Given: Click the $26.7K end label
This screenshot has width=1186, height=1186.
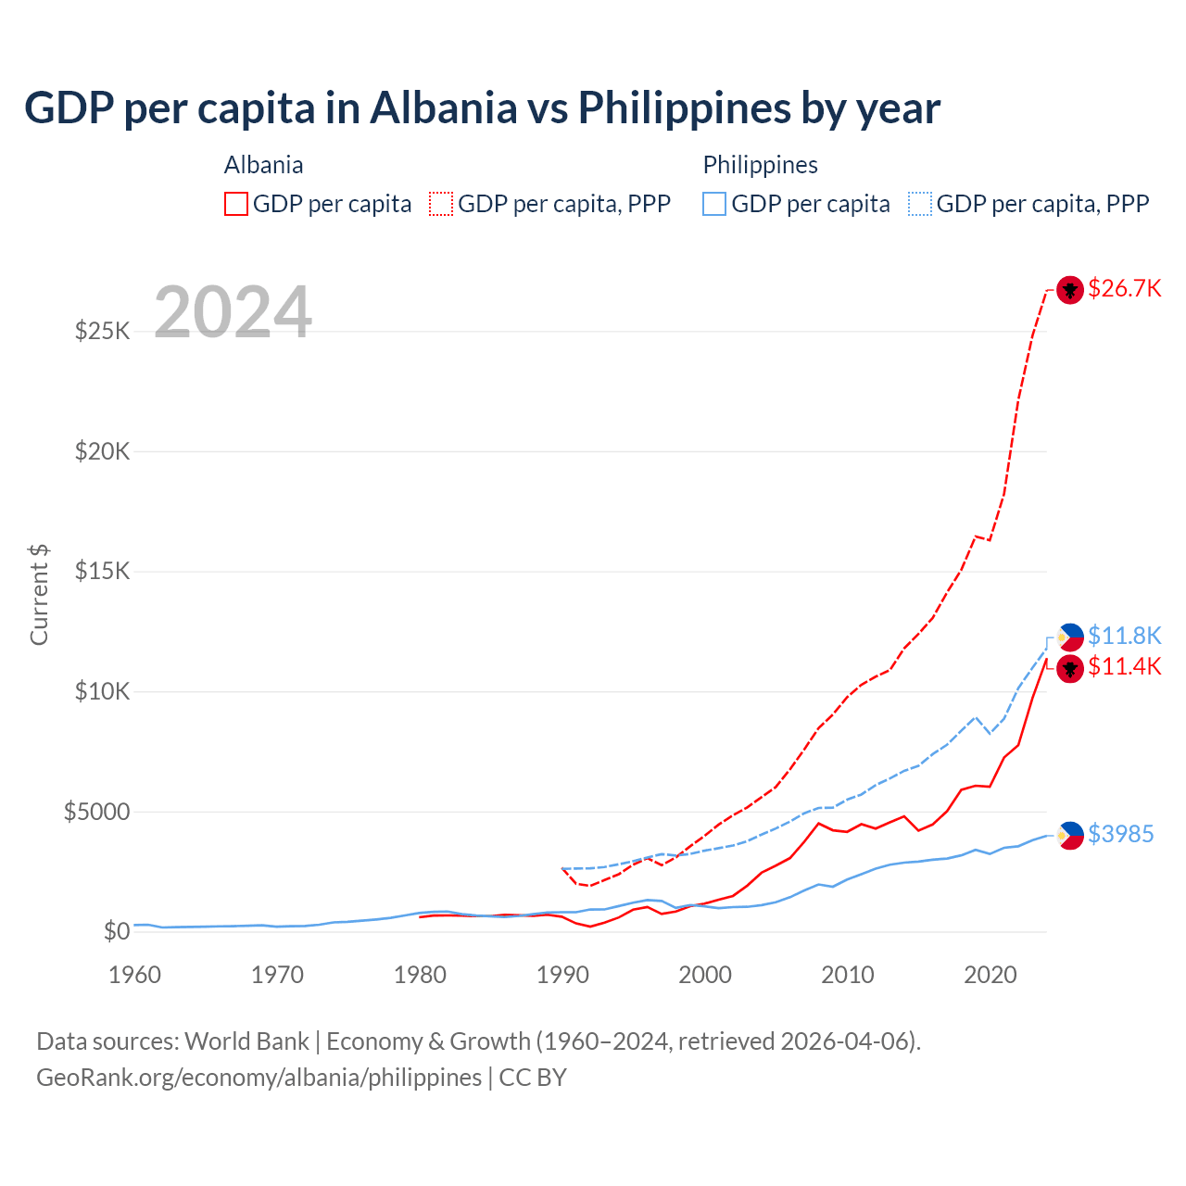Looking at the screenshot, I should [x=1124, y=289].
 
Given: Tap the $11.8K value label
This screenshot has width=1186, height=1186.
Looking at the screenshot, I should [x=1124, y=636].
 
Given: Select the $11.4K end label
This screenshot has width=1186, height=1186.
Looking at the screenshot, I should [x=1124, y=666].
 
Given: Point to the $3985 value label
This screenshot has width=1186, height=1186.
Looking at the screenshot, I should [x=1120, y=834].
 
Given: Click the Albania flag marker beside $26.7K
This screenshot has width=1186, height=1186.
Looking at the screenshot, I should [x=1070, y=290].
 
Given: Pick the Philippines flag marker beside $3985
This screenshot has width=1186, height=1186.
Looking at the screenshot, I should [x=1070, y=835].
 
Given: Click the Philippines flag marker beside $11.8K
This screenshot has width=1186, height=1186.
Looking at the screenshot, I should [x=1070, y=637].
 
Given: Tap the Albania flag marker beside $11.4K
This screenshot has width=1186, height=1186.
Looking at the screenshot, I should [x=1070, y=668].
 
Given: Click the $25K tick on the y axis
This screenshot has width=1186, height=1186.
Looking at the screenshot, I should [x=102, y=331].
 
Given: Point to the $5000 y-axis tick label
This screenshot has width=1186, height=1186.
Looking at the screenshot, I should [x=96, y=812].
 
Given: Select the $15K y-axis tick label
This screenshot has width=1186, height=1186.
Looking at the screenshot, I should [x=102, y=571].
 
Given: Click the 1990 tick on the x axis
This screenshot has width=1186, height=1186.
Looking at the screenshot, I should [x=562, y=975].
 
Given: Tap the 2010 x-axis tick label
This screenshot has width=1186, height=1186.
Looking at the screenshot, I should [x=848, y=975].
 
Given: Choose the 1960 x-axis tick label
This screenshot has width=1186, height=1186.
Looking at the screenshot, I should [x=135, y=975].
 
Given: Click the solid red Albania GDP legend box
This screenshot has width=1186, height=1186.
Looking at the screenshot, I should [x=236, y=204].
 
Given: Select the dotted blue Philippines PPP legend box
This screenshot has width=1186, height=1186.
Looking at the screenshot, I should [x=920, y=204].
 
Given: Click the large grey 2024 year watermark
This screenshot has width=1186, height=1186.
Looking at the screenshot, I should [x=233, y=312].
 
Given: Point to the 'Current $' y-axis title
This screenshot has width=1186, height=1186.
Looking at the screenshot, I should [x=39, y=595].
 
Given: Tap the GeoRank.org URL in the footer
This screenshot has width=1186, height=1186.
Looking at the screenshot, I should [x=259, y=1078].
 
